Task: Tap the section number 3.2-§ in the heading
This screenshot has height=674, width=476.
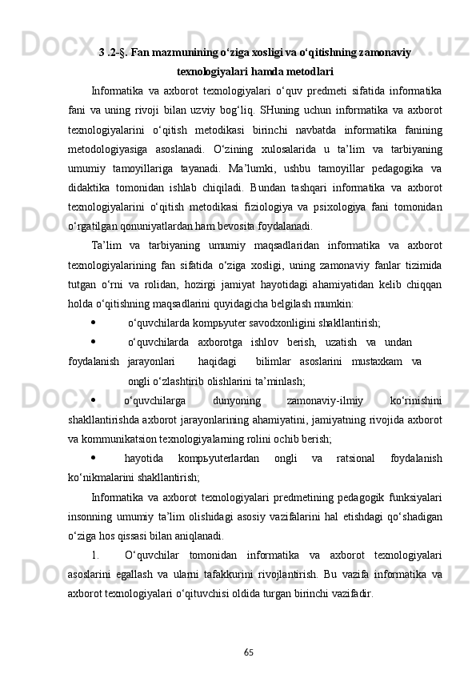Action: tap(114, 53)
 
